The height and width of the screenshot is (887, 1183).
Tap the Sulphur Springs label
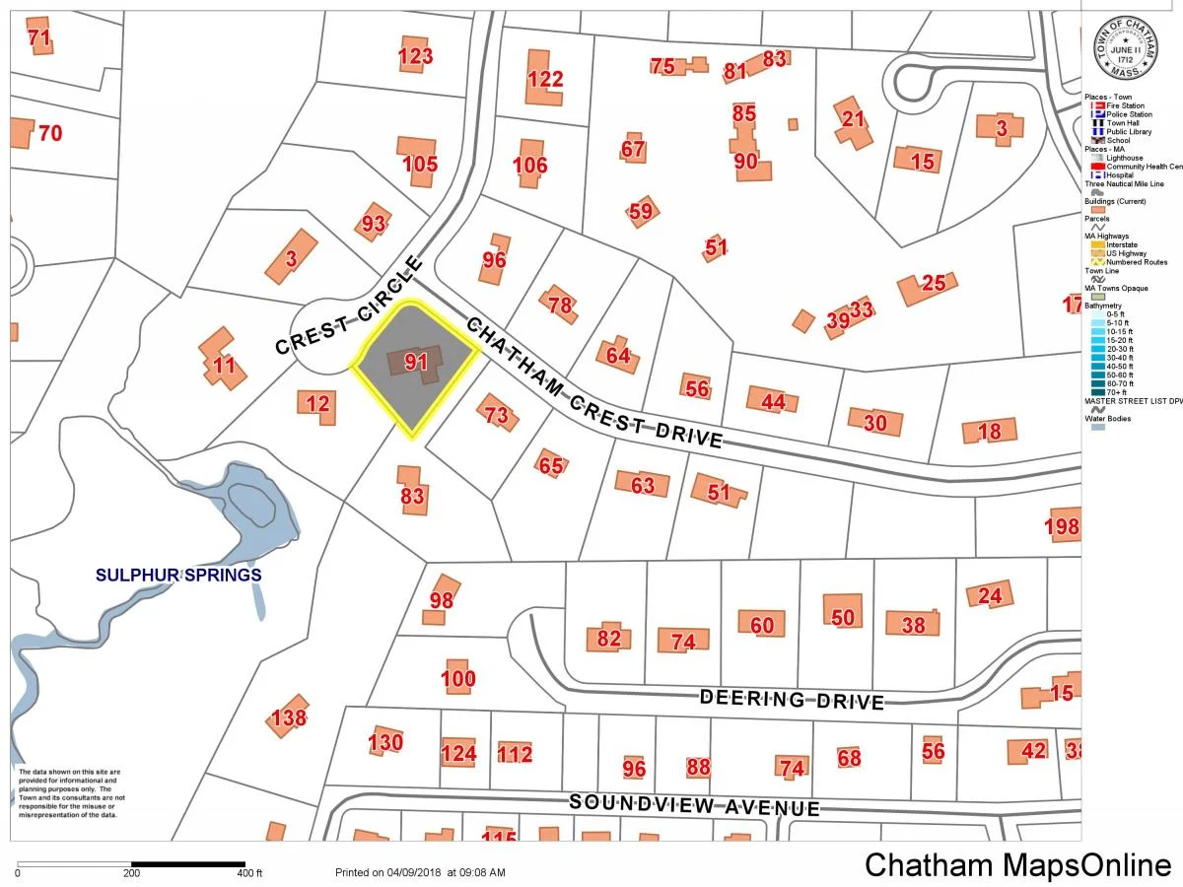coord(178,575)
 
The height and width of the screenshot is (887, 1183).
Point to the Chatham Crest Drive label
coord(592,384)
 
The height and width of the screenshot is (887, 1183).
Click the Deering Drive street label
coord(792,699)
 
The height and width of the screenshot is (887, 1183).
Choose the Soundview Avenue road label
coord(694,805)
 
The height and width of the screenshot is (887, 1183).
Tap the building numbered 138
coord(288,717)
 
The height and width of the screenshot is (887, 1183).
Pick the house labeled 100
coord(457,678)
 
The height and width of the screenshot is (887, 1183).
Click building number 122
coord(544,79)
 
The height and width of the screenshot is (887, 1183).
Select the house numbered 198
coord(1062,527)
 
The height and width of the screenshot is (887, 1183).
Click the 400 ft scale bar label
coord(249,873)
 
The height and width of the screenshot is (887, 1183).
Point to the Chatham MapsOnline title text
coord(1017,865)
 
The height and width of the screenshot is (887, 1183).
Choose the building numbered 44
coord(773,401)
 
